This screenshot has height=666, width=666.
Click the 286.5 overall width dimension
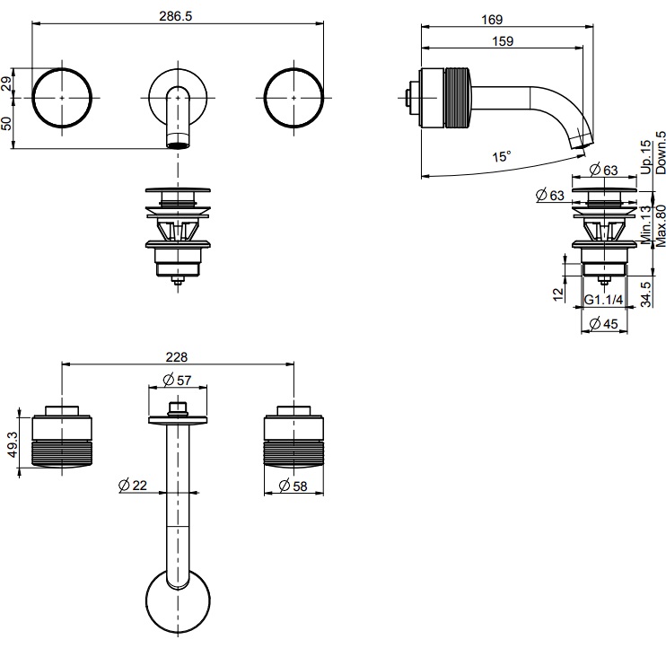178,16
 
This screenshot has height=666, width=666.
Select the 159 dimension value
503,40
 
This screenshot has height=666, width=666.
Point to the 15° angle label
502,156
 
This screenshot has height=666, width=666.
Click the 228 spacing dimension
178,355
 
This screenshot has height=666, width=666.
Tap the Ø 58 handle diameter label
291,486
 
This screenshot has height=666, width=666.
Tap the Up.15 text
645,156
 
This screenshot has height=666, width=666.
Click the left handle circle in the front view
63,96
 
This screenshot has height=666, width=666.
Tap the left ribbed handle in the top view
63,440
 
